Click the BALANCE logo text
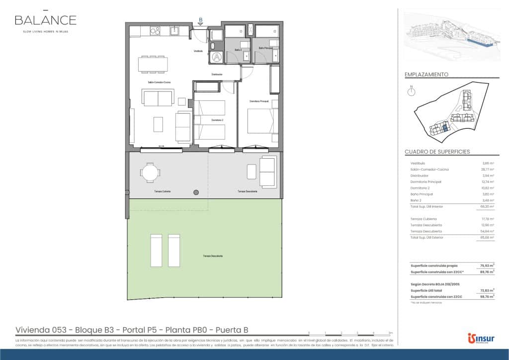point(45,20)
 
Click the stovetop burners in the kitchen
point(155,31)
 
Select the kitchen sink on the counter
point(175,31)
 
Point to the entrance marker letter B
point(200,20)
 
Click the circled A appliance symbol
point(217,57)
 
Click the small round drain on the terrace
point(196,192)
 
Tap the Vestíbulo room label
point(198,51)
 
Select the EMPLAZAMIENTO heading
point(426,74)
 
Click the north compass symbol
point(411,92)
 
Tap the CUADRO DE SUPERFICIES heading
point(437,152)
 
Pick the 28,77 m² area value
point(488,170)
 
